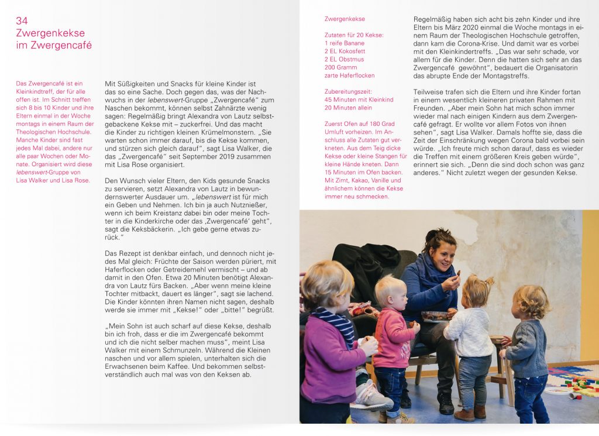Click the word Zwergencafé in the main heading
(64, 45)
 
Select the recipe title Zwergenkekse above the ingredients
(345, 19)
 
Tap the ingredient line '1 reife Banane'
(345, 43)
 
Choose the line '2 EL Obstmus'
(344, 60)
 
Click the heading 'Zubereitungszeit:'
(349, 92)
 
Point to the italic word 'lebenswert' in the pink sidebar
(32, 173)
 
